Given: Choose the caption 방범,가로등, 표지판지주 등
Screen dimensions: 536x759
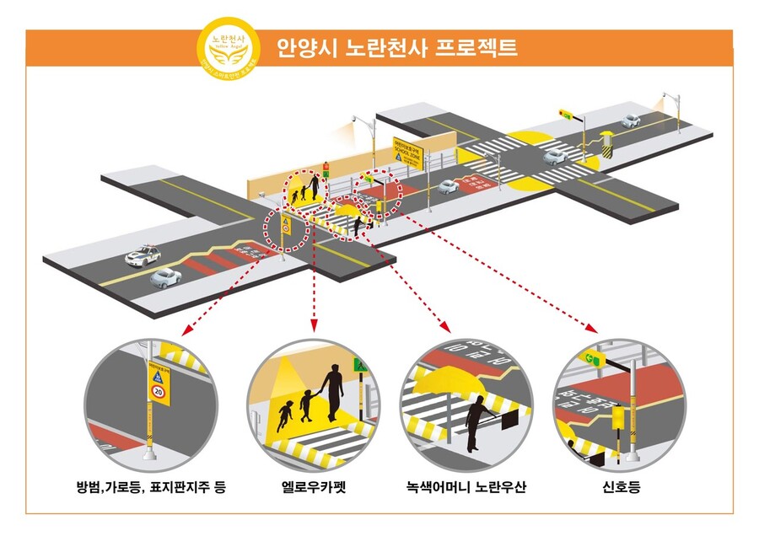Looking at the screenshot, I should click(151, 487).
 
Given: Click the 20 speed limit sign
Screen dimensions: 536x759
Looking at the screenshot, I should click(158, 391).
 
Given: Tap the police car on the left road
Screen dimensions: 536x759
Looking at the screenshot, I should click(141, 255).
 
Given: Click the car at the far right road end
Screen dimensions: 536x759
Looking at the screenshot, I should click(630, 121).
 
